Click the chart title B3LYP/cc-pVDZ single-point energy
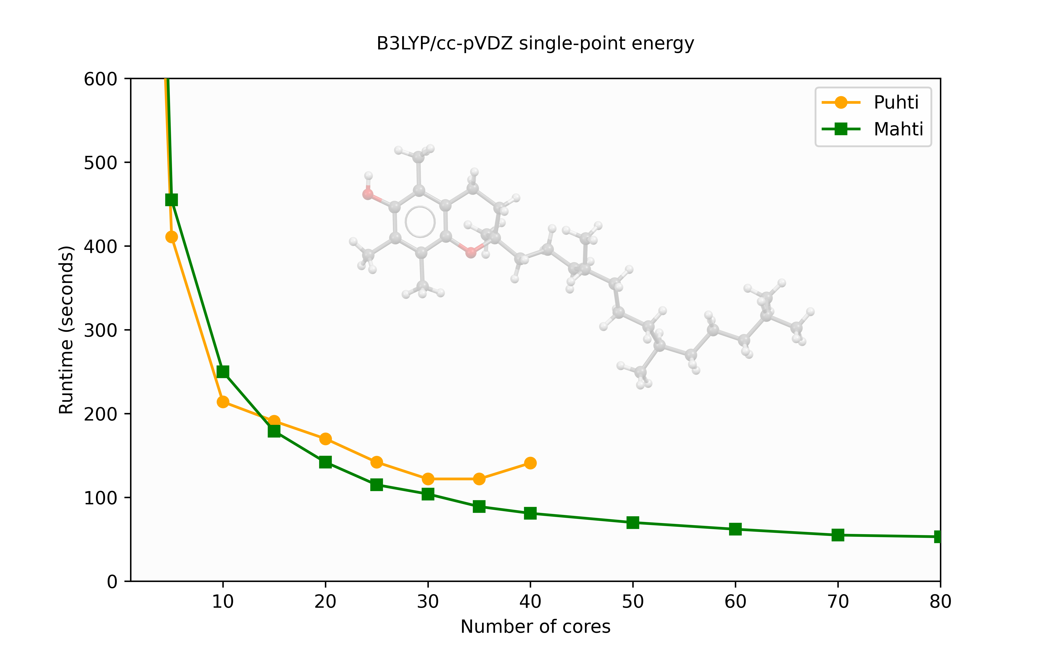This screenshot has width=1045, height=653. [x=535, y=44]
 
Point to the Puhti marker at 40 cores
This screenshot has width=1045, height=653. [x=530, y=463]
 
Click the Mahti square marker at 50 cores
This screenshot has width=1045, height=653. [x=633, y=523]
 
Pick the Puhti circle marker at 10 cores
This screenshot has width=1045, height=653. [x=223, y=402]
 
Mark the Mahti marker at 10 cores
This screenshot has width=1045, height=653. [x=223, y=372]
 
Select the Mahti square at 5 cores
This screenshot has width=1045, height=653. [x=171, y=200]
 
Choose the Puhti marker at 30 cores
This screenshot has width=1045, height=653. [x=428, y=479]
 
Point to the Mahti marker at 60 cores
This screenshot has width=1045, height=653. [x=735, y=529]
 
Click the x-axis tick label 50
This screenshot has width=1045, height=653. [x=633, y=602]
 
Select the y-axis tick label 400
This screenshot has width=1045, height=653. [x=100, y=247]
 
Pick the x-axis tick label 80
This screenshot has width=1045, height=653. [x=940, y=602]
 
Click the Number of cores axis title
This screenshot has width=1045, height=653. [x=535, y=627]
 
